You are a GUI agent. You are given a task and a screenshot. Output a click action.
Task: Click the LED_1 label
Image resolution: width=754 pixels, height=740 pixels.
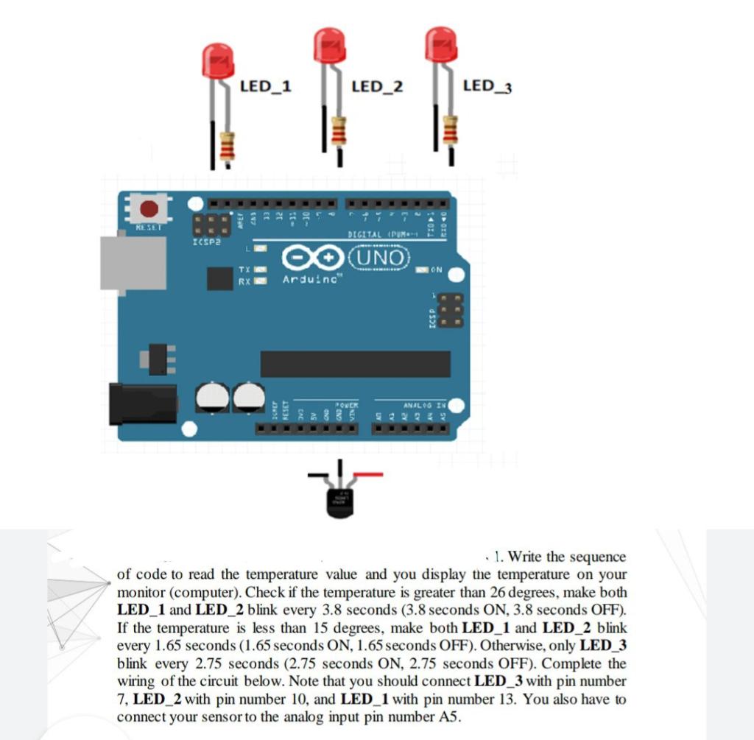[265, 86]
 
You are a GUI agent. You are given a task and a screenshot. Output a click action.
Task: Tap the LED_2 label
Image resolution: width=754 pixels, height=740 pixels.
[377, 87]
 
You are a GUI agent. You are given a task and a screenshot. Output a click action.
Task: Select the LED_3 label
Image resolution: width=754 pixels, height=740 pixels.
[487, 86]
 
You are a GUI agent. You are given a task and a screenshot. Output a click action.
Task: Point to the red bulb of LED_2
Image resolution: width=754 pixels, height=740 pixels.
[329, 46]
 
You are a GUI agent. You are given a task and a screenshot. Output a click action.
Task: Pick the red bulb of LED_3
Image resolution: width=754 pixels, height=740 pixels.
[441, 43]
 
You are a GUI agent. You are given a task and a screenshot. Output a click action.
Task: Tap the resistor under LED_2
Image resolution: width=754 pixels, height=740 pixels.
[339, 131]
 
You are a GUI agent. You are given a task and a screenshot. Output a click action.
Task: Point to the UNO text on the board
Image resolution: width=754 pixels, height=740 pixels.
[381, 257]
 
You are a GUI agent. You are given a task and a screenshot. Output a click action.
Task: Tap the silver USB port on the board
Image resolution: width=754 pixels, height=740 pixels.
[133, 264]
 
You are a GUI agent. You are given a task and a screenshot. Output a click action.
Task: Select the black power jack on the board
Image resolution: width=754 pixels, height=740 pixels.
[142, 404]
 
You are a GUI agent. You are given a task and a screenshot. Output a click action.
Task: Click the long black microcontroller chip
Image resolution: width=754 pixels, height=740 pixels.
[355, 364]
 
